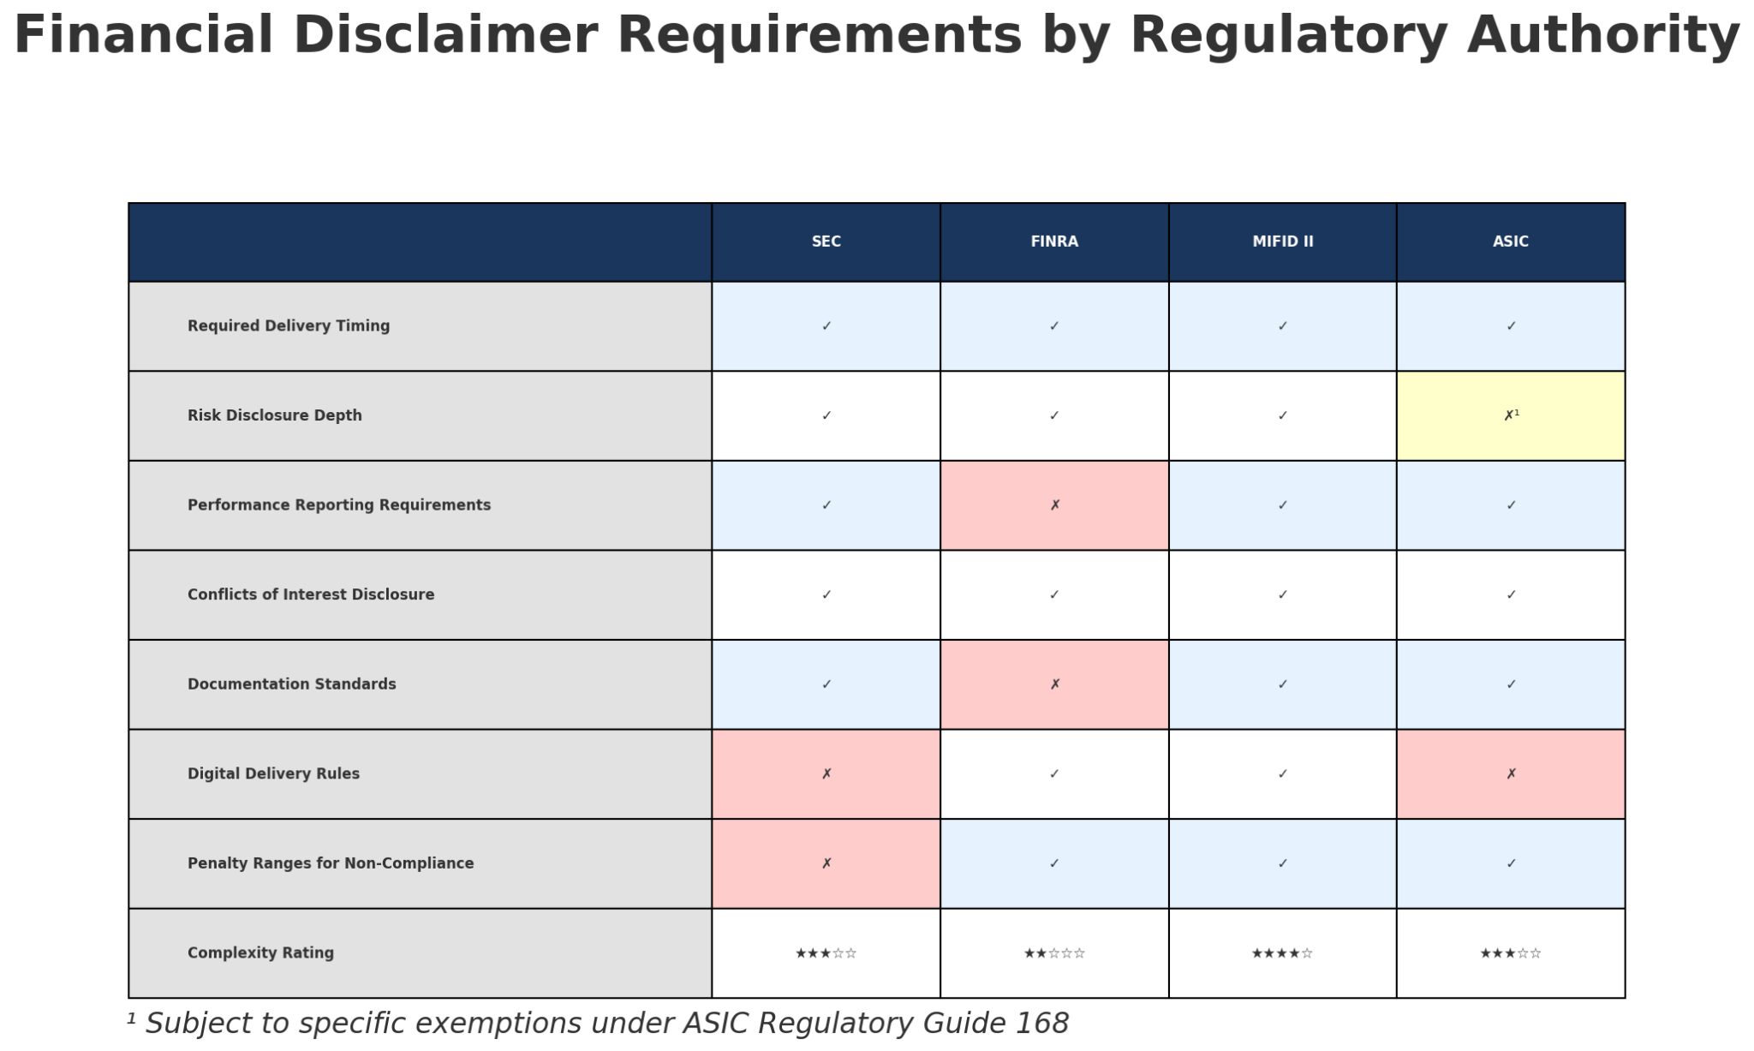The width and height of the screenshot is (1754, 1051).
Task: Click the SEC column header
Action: point(826,242)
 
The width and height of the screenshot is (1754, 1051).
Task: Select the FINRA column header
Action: point(1054,242)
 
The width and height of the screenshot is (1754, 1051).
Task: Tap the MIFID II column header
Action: point(1282,242)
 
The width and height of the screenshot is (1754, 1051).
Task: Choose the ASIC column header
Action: point(1511,242)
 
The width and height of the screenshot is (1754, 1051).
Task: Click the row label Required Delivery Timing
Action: point(289,325)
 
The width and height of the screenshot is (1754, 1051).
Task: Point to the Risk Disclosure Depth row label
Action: point(275,415)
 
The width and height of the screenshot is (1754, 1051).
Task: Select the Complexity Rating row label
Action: point(260,952)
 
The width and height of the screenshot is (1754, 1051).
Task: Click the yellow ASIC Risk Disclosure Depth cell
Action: point(1511,415)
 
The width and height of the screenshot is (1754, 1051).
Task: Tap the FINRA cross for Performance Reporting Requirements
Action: point(1054,505)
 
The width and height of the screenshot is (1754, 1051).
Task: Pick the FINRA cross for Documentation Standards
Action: point(1054,684)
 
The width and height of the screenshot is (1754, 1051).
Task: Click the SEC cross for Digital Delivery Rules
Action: point(826,773)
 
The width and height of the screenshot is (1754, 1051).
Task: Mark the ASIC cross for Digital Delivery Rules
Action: point(1511,773)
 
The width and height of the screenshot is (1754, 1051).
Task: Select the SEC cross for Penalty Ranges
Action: point(826,863)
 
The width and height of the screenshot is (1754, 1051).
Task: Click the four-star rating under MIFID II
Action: point(1282,953)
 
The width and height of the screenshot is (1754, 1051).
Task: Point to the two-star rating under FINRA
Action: point(1054,953)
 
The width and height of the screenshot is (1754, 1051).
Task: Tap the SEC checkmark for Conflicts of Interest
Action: point(826,594)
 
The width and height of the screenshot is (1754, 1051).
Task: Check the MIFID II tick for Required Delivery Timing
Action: point(1282,325)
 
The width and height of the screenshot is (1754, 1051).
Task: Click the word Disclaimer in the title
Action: point(444,36)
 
